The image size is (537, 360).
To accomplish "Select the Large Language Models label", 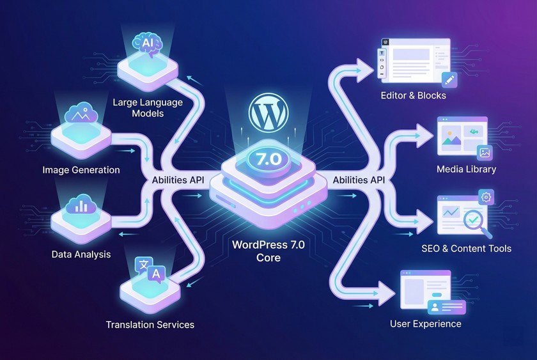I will pos(147,107).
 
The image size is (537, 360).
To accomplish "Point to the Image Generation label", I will pos(81,170).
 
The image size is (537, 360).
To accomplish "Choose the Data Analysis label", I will pos(81,254).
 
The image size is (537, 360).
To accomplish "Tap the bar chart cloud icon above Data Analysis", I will pos(81,205).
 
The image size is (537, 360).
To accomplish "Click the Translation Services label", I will pos(150,324).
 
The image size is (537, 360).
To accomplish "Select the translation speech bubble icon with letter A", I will pos(155,274).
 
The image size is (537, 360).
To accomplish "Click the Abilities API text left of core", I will pos(177,180).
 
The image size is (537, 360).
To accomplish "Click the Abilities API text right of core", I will pos(359,180).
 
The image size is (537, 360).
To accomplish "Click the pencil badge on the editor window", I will pos(450,80).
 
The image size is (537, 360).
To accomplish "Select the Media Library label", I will pos(466,169).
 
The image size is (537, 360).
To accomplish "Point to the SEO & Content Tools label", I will pos(466,248).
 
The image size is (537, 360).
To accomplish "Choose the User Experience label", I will pos(425,324).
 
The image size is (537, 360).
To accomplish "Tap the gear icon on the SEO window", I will pos(486,197).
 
